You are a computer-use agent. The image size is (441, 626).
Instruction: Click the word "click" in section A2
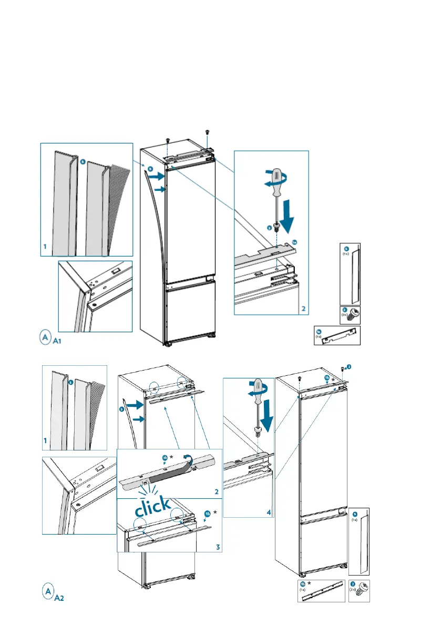(152, 507)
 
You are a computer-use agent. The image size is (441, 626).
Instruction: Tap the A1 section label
(59, 341)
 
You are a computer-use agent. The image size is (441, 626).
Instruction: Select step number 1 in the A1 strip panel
(45, 246)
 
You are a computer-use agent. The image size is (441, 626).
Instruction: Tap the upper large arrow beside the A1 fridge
(156, 178)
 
